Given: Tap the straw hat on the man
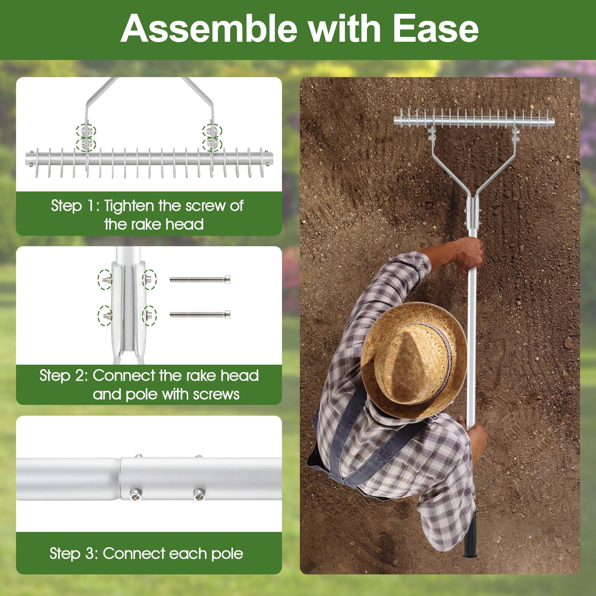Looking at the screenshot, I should point(413,359).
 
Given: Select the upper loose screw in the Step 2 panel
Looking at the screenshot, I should point(200,279).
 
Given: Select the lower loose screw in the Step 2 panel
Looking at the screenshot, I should point(200,315).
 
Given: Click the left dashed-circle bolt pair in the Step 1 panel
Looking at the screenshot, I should point(86,137).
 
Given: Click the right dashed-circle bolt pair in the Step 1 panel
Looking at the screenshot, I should point(212,137).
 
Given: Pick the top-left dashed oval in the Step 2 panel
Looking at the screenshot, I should point(105,279).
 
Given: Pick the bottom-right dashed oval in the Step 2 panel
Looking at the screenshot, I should point(149,316).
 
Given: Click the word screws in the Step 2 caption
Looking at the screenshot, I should point(216,394).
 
